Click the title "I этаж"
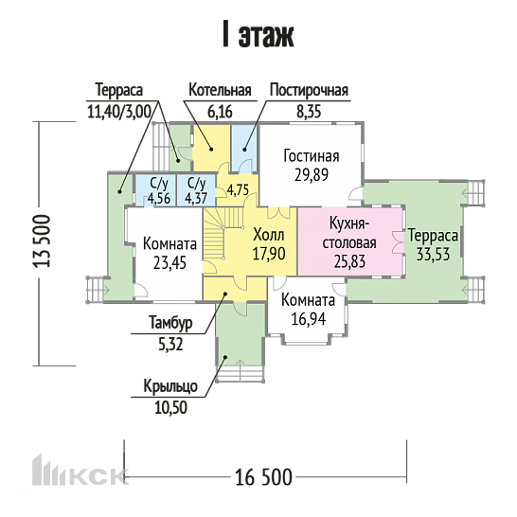tap(258, 34)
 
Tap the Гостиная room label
tap(312, 156)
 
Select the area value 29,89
tap(312, 175)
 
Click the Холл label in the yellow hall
tap(269, 236)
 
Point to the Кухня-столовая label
tap(349, 234)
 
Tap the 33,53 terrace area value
tap(433, 255)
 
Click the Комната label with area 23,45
tap(169, 244)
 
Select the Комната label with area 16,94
tap(308, 300)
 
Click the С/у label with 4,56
tap(159, 183)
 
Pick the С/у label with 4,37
tap(197, 183)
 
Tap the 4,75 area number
tap(238, 190)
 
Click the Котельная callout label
tap(220, 90)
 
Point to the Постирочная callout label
tap(309, 90)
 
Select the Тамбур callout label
tap(170, 323)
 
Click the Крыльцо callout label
tap(170, 386)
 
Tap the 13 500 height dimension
tap(42, 241)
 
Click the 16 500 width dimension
tap(263, 477)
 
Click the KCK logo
tap(80, 471)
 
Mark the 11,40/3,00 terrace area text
tap(119, 112)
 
